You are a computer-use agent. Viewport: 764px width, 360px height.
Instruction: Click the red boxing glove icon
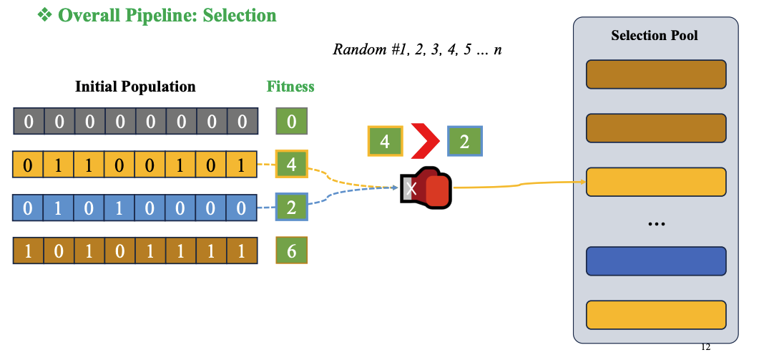coord(427,188)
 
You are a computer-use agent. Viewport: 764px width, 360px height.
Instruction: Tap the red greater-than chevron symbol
coord(424,141)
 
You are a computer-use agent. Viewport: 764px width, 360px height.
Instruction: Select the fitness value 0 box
coord(292,122)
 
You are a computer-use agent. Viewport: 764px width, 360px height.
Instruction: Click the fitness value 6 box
coord(292,250)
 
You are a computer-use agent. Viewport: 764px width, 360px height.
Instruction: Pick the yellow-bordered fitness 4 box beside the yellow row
coord(292,165)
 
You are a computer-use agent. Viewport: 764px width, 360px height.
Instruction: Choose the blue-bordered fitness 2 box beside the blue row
coord(292,208)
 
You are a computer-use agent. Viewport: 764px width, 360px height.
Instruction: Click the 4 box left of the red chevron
coord(385,141)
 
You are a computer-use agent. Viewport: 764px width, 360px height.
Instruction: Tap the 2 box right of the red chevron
coord(464,141)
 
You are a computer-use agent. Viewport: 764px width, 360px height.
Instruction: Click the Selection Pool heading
coord(654,35)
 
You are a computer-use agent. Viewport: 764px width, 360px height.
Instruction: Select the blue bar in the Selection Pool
coord(656,261)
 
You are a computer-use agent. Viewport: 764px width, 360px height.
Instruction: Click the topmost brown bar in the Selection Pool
coord(656,74)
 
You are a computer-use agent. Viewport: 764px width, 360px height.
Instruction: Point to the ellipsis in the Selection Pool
coord(656,224)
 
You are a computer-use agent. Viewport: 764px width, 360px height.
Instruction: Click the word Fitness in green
coord(290,87)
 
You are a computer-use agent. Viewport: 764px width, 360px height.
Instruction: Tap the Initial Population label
coord(135,87)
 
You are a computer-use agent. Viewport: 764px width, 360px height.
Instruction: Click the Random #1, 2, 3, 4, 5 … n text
coord(417,49)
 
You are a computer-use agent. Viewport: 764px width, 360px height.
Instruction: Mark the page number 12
coord(705,347)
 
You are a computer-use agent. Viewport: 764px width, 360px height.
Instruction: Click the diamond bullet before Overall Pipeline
coord(45,15)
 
